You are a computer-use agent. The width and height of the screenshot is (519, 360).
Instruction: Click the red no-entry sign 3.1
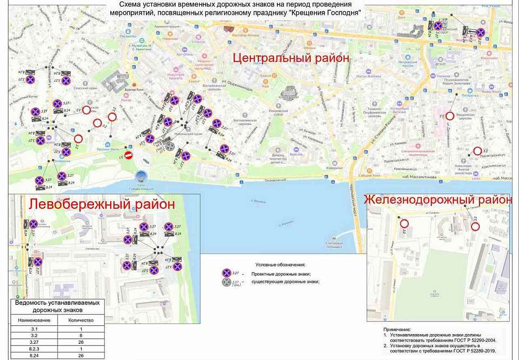pyautogui.click(x=129, y=156)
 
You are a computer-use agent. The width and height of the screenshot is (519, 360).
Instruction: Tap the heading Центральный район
pyautogui.click(x=291, y=58)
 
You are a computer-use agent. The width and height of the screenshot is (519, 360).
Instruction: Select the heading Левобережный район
pyautogui.click(x=102, y=204)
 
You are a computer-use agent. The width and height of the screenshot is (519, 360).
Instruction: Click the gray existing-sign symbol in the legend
pyautogui.click(x=227, y=282)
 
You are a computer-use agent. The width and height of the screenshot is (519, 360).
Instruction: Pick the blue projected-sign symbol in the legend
pyautogui.click(x=227, y=273)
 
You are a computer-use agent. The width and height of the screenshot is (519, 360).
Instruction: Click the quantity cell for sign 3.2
pyautogui.click(x=80, y=335)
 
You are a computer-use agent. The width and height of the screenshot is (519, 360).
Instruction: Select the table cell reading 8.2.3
pyautogui.click(x=34, y=349)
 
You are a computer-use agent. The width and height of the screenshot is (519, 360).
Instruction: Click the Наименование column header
pyautogui.click(x=34, y=320)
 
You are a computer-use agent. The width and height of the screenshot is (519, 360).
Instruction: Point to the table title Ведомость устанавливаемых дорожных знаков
pyautogui.click(x=57, y=306)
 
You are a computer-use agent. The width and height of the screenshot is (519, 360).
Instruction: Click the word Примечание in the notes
pyautogui.click(x=397, y=329)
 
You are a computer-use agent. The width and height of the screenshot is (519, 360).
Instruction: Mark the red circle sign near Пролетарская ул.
pyautogui.click(x=477, y=151)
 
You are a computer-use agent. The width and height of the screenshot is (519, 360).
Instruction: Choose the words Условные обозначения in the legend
pyautogui.click(x=281, y=264)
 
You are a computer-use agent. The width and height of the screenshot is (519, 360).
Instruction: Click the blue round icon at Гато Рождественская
pyautogui.click(x=142, y=176)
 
